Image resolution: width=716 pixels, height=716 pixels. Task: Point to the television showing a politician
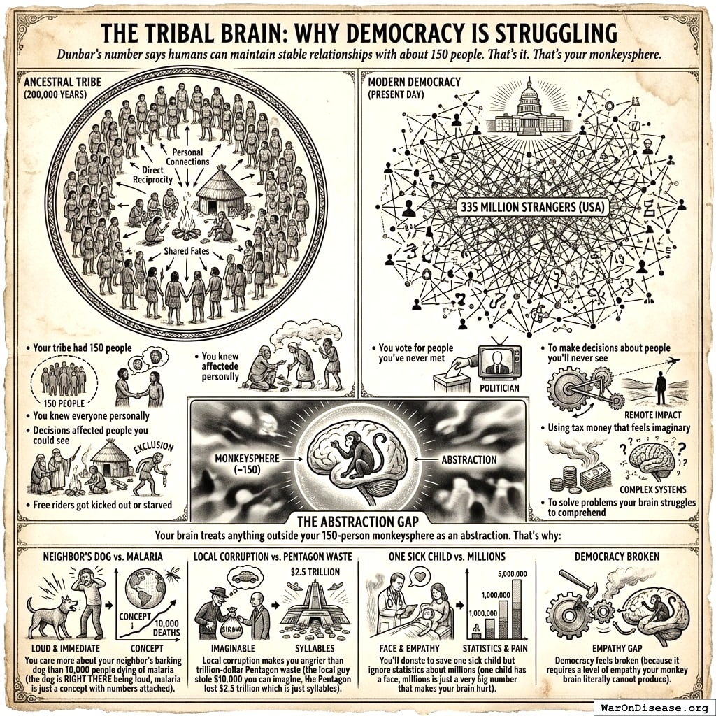coord(499,362)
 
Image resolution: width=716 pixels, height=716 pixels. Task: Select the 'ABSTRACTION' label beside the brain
coord(469,459)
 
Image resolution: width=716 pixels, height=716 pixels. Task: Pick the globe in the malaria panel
coord(144,588)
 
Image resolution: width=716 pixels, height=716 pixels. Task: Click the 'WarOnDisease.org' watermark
coord(654,706)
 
